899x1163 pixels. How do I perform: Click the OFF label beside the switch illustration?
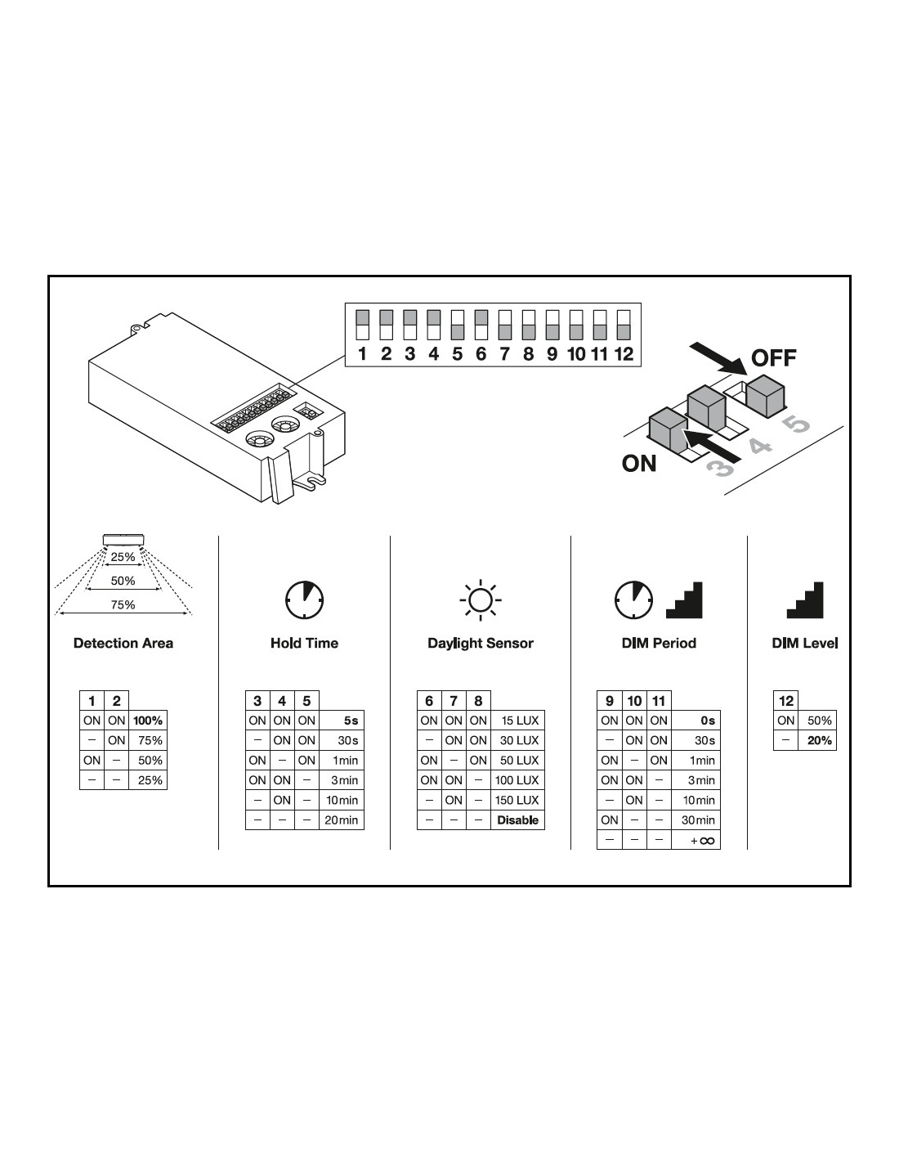(x=773, y=358)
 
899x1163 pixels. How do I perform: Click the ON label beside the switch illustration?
(x=638, y=463)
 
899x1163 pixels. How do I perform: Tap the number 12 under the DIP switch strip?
(x=624, y=354)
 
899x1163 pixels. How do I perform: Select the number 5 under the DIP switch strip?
(x=457, y=354)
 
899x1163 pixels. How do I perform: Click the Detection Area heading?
(x=123, y=643)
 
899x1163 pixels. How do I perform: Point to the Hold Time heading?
(x=304, y=643)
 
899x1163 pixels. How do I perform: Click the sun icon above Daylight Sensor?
(x=481, y=600)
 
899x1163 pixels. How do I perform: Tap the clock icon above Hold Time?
(x=304, y=600)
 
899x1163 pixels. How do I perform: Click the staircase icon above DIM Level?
(x=805, y=600)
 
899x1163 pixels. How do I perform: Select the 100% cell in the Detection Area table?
(x=148, y=721)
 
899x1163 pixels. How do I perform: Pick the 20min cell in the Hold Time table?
(x=341, y=820)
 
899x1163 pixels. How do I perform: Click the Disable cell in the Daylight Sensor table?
(x=517, y=820)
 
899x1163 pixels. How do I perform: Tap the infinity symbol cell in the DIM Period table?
(x=695, y=840)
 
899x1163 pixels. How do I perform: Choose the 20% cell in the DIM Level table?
(x=819, y=740)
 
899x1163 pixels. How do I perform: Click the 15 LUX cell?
(x=517, y=721)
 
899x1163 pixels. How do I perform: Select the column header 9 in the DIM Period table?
(x=609, y=701)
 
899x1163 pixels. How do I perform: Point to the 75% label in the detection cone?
(x=123, y=604)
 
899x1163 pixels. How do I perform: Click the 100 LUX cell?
(x=517, y=779)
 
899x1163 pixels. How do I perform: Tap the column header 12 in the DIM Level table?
(x=785, y=701)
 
